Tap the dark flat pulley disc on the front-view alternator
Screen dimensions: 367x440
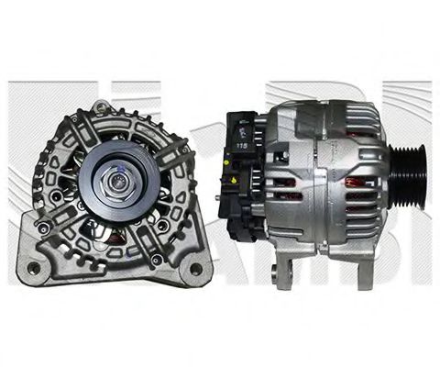pos(100,180)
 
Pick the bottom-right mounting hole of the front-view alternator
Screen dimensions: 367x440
pos(195,268)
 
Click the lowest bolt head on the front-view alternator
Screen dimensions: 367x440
pos(157,260)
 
